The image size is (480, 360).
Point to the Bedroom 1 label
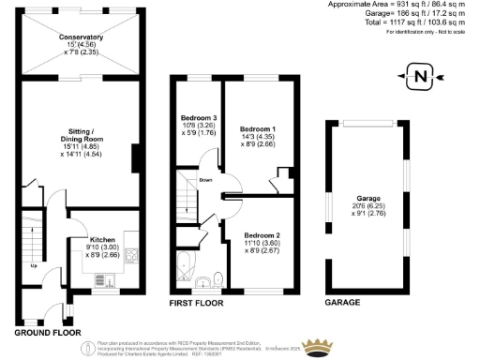pyautogui.click(x=257, y=127)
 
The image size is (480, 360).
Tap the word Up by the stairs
pyautogui.click(x=35, y=265)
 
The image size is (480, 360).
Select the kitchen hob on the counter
pyautogui.click(x=129, y=255)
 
